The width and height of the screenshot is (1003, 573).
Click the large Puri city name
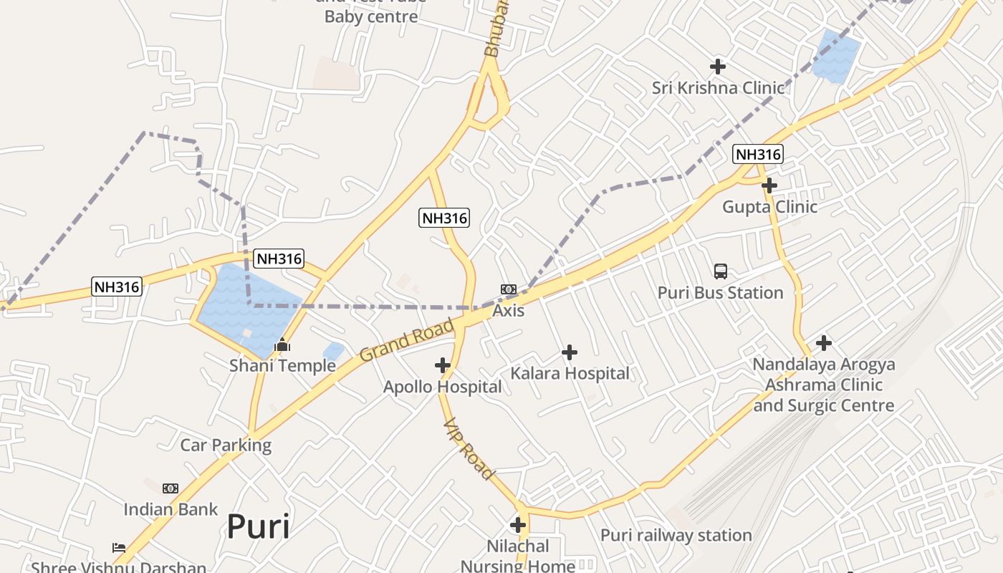click(259, 527)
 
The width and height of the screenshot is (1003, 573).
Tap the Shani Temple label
click(282, 366)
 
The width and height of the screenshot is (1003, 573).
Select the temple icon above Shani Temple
click(282, 346)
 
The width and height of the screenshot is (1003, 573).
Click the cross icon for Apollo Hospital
click(443, 365)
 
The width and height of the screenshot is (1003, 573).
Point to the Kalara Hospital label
click(570, 373)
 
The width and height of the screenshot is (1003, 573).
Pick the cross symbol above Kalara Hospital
click(570, 352)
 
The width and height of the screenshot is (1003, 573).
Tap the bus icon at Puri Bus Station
click(721, 271)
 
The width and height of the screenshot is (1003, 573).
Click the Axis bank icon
click(509, 289)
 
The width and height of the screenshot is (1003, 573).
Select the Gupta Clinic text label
click(769, 207)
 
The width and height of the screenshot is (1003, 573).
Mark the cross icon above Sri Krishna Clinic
click(718, 67)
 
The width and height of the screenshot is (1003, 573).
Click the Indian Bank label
click(171, 509)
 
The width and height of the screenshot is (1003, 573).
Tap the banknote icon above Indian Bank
click(171, 488)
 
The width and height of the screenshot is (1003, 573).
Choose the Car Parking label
click(226, 445)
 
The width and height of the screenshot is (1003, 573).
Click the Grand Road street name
click(406, 340)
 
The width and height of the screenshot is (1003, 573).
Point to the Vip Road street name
click(469, 449)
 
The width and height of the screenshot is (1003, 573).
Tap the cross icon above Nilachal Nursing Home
click(518, 525)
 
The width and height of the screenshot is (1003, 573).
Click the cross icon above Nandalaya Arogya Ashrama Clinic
click(824, 343)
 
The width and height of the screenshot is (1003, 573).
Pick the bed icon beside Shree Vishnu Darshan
click(119, 548)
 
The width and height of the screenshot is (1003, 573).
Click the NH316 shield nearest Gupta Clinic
click(758, 153)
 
